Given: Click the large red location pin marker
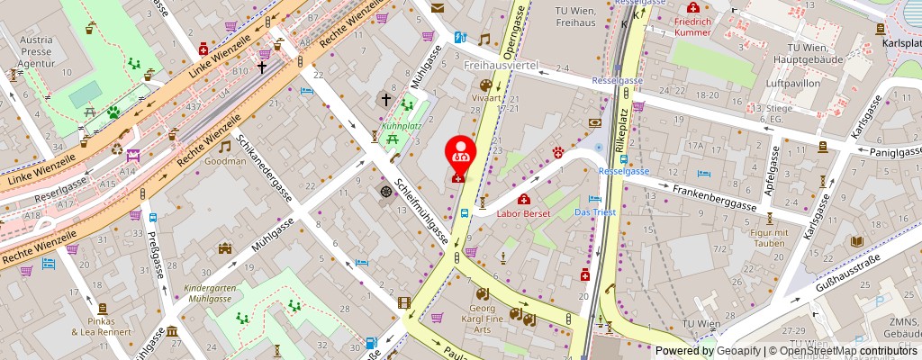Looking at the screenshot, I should tap(461, 156).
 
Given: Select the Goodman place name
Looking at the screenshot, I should tap(224, 161).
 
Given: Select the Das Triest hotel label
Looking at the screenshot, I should tap(592, 212).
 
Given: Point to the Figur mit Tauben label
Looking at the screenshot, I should tap(769, 238).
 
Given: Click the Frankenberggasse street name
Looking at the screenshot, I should tap(716, 197).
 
